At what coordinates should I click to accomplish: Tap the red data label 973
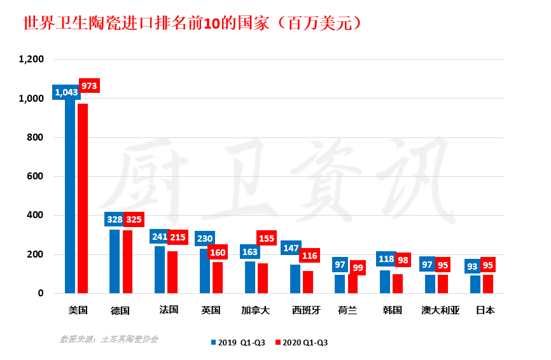click(90, 85)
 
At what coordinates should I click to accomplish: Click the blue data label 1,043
click(66, 93)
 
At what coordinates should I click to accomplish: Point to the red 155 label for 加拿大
click(267, 239)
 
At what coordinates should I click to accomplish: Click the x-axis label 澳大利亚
click(440, 310)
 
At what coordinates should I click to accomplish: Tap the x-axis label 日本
click(485, 310)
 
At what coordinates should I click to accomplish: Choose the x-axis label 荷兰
click(347, 310)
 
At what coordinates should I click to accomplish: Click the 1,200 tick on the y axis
click(31, 59)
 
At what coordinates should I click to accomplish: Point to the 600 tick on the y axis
click(35, 176)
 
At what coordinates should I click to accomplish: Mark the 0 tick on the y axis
click(39, 293)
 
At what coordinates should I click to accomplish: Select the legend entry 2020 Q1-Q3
click(302, 342)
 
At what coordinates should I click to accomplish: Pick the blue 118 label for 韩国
click(386, 260)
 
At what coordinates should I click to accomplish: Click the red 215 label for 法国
click(178, 237)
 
